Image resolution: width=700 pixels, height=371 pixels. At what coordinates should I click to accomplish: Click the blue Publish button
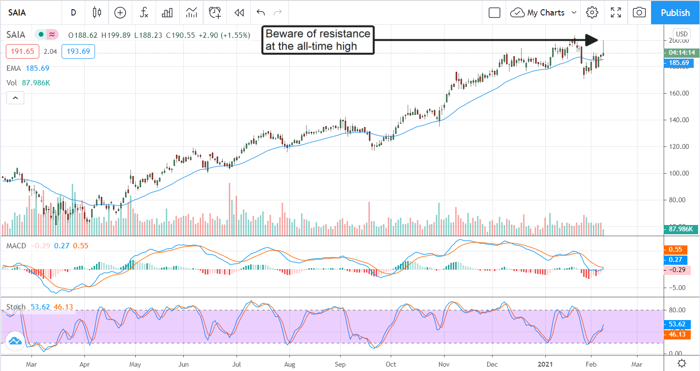click(675, 13)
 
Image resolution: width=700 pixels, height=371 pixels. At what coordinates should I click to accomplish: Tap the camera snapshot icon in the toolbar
click(639, 13)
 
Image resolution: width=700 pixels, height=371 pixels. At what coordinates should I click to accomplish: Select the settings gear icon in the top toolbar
click(591, 13)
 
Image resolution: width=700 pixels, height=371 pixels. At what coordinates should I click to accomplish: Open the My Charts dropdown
click(546, 13)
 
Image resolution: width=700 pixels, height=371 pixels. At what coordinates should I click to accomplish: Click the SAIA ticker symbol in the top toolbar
click(17, 13)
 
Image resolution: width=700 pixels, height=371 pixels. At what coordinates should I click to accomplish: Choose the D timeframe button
click(73, 13)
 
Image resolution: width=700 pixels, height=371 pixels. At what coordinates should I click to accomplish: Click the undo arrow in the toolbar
click(261, 13)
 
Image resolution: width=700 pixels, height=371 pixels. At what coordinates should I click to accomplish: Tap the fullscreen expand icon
click(616, 13)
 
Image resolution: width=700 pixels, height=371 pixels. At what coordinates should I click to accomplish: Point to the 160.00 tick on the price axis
click(679, 93)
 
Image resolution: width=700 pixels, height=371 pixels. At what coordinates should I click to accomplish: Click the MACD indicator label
click(16, 246)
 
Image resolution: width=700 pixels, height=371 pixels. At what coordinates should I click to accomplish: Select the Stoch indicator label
click(16, 307)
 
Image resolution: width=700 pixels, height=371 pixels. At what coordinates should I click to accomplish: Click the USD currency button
click(682, 34)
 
